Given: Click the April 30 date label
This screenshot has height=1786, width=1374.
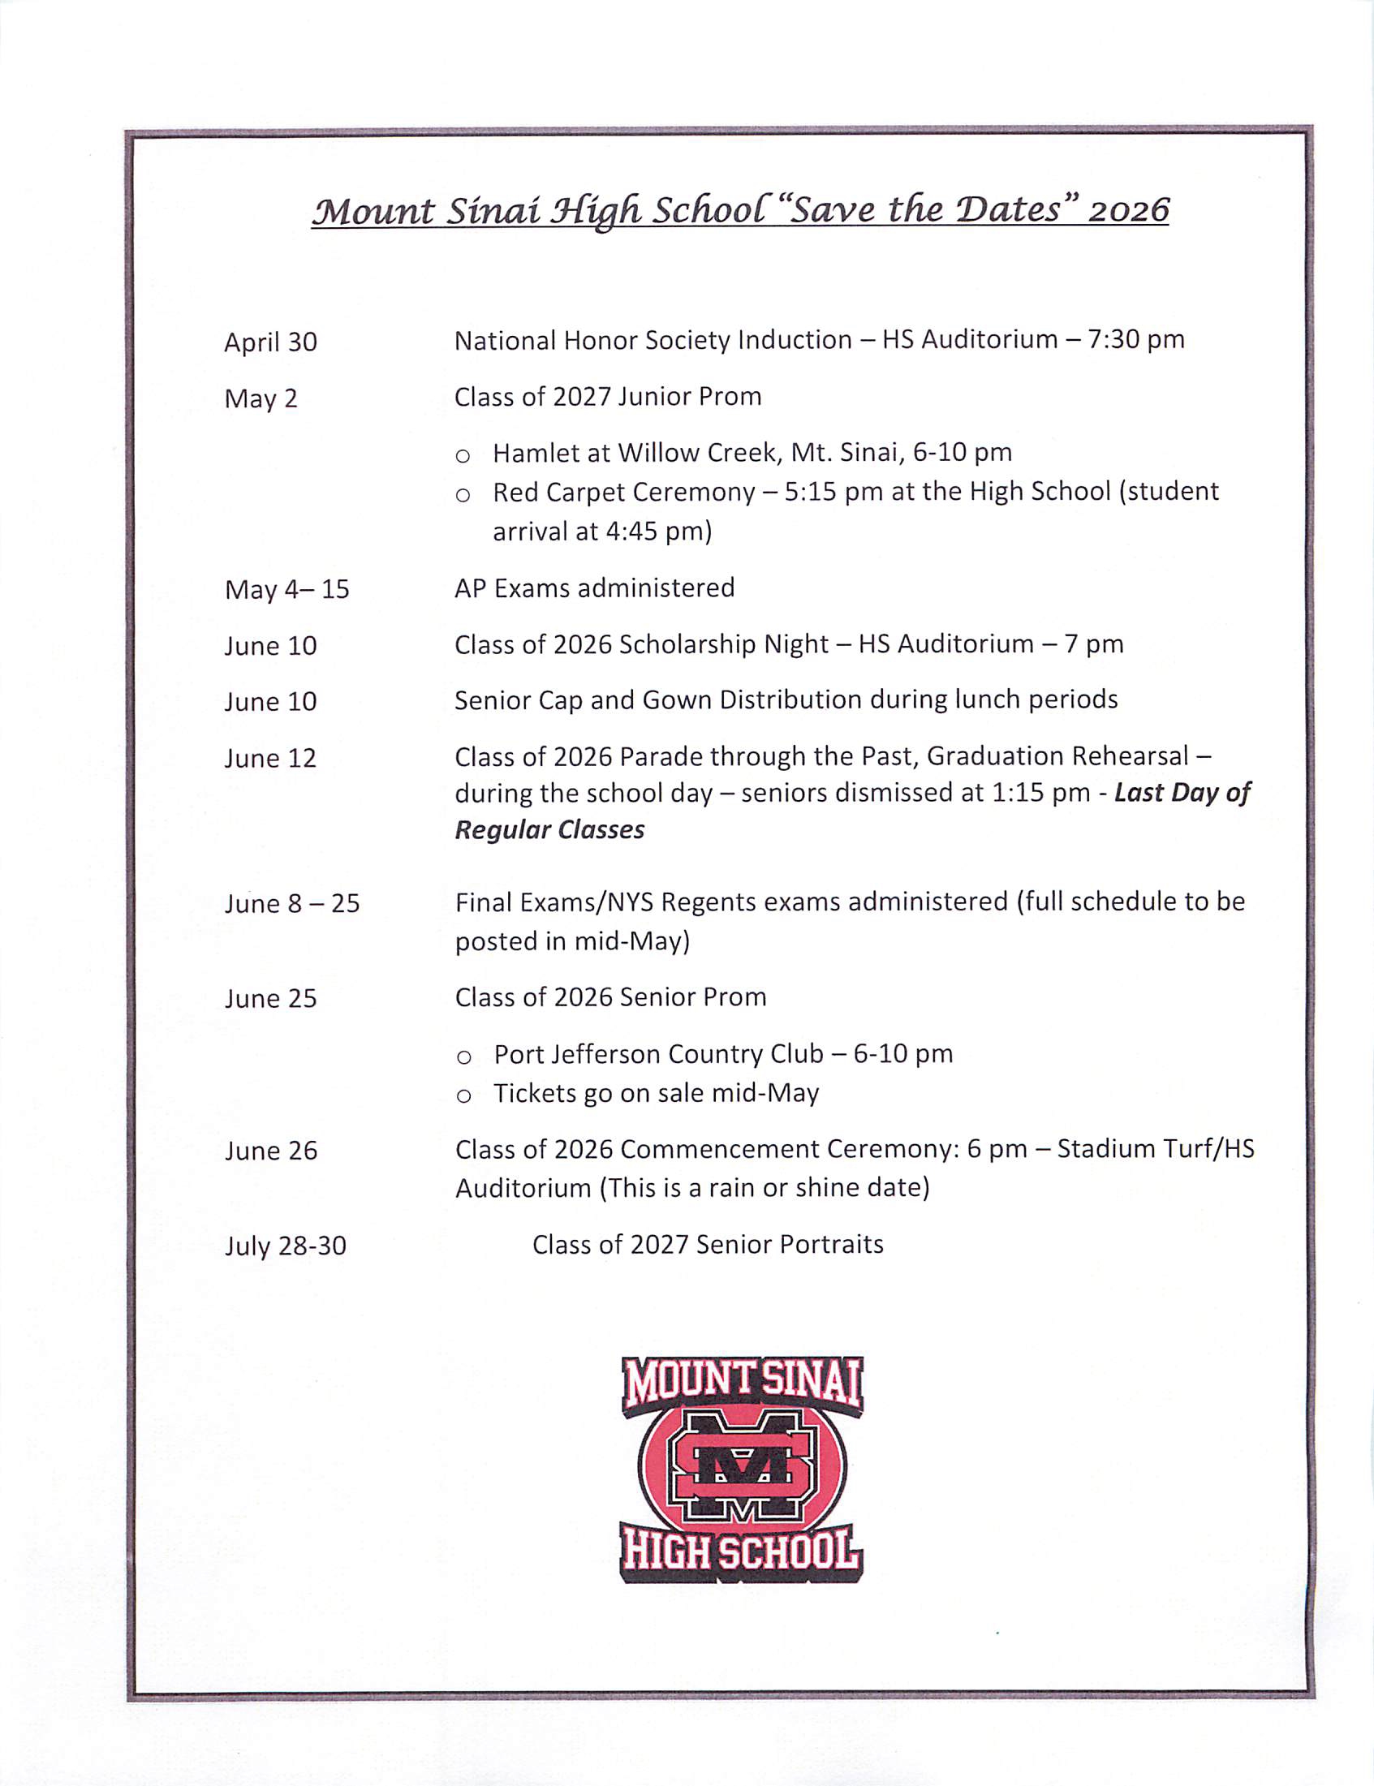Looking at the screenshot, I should coord(270,342).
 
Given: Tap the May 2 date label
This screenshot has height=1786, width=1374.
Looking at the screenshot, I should coord(261,399).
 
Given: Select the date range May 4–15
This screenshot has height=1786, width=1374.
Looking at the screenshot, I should coord(286,590).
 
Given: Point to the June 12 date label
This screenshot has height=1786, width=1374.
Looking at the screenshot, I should coord(270,759).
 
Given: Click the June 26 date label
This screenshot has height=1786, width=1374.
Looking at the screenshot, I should coord(271,1151).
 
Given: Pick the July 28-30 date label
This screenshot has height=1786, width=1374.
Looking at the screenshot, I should coord(286,1246).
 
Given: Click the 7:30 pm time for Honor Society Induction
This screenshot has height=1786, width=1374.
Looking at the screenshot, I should coord(1135,339).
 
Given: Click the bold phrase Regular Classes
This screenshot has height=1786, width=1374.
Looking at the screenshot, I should coord(549,830).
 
